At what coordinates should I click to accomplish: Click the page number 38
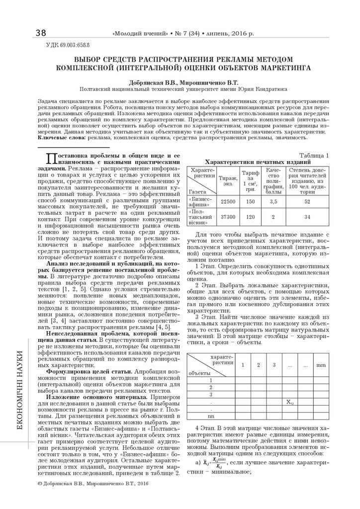41,33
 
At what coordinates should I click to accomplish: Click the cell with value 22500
228,201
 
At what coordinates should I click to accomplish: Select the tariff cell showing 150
250,201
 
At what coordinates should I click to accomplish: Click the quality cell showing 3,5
273,201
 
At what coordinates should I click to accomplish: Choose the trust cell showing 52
307,201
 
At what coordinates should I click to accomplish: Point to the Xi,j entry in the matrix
290,401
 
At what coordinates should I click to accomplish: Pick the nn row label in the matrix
211,416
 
